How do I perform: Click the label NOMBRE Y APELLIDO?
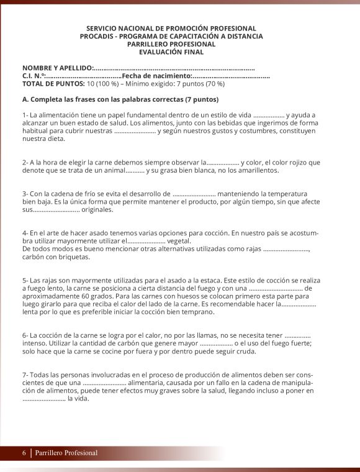(57, 68)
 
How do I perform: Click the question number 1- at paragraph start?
(25, 115)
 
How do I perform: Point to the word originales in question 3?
(97, 210)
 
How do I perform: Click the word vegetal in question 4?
(179, 241)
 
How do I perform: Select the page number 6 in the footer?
(24, 453)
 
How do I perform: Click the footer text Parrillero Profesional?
(66, 453)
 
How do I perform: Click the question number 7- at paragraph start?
(25, 375)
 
